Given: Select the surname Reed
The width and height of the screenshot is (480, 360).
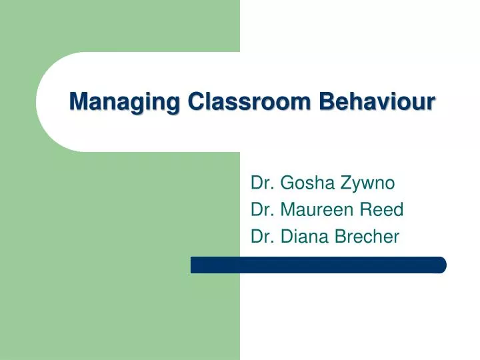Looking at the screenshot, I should coord(381,210).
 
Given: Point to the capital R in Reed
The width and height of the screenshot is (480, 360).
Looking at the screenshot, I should coord(365,210).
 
